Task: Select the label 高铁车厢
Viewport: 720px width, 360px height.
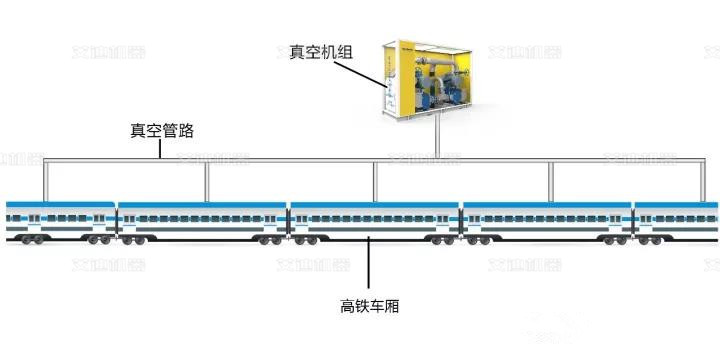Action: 370,306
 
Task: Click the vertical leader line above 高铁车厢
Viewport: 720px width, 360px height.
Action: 370,265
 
